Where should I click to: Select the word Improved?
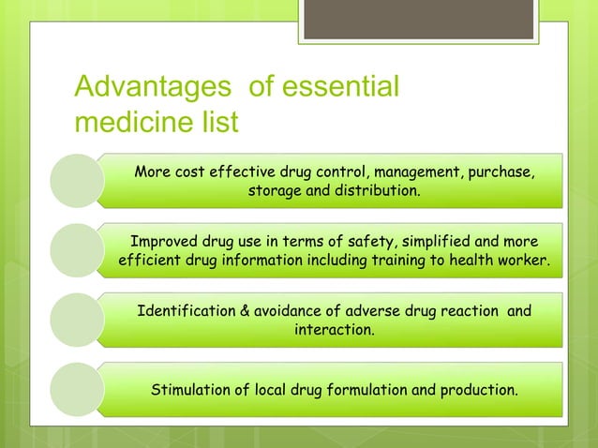(x=165, y=241)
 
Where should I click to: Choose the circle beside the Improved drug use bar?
(x=76, y=249)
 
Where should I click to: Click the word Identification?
(x=187, y=311)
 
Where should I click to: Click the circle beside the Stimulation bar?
(x=76, y=389)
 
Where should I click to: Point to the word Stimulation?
(x=191, y=389)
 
